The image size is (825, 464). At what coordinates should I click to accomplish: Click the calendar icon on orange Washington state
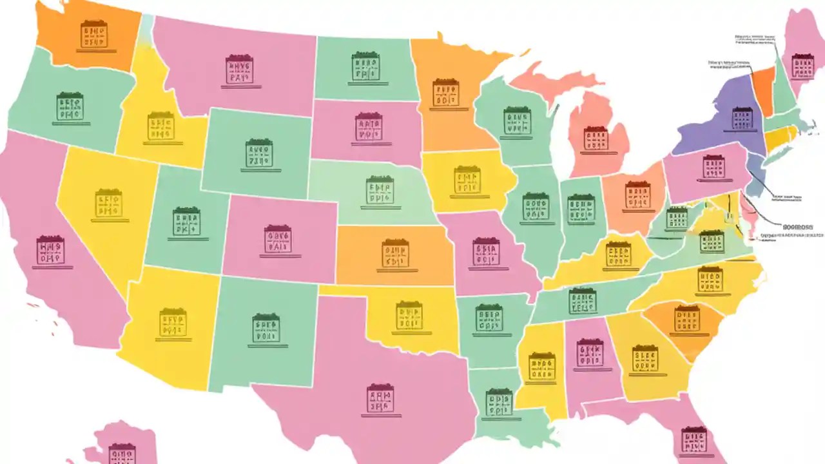click(93, 34)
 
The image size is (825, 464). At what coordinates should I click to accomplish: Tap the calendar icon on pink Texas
click(380, 398)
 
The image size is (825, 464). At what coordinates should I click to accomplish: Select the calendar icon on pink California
click(50, 250)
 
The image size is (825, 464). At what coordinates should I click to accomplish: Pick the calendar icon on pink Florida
click(694, 440)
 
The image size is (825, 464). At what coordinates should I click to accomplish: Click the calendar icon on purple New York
click(742, 119)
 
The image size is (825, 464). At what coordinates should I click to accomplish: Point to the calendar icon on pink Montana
click(239, 69)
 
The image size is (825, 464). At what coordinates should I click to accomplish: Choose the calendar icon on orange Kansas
click(394, 253)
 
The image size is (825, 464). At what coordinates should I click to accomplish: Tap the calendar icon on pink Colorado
click(278, 239)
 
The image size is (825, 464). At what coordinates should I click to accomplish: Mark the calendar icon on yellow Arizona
click(173, 322)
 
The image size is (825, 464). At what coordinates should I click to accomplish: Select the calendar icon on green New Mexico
click(266, 328)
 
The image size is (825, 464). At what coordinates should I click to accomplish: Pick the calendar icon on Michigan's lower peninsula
click(596, 139)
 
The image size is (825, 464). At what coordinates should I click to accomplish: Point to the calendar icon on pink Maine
click(802, 66)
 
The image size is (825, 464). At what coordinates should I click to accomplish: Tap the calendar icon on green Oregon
click(70, 106)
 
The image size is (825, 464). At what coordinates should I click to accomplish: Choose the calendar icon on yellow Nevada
click(108, 203)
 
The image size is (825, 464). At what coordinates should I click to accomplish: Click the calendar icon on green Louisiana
click(498, 402)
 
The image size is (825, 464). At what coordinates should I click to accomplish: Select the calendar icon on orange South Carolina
click(687, 319)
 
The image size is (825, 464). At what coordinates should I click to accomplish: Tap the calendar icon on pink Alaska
click(122, 453)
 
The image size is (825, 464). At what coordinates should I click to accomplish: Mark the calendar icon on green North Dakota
click(365, 66)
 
